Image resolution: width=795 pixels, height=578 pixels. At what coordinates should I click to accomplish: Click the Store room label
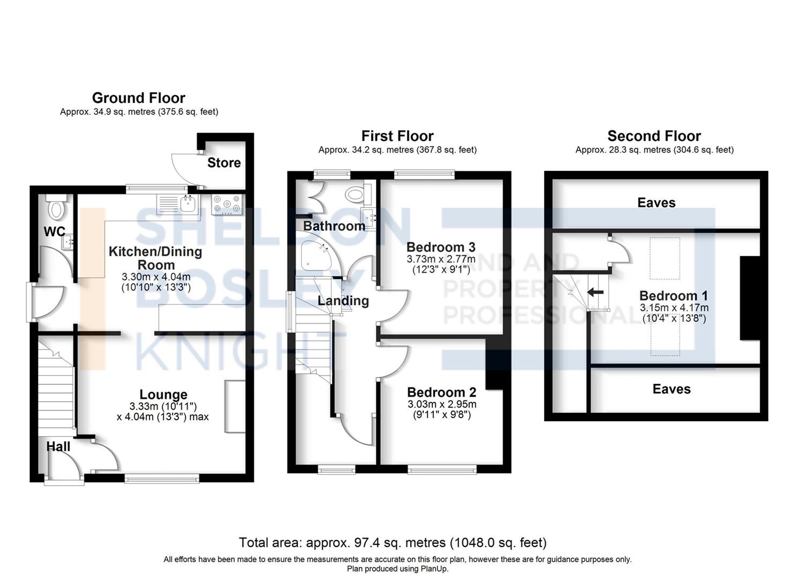[224, 163]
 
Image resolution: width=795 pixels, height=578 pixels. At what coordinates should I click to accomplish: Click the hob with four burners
[227, 204]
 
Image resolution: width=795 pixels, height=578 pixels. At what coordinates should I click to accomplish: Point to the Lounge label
[163, 394]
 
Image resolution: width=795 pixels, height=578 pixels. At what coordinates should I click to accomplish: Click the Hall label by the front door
[58, 447]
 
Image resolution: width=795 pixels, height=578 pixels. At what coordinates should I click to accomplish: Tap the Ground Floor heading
[139, 98]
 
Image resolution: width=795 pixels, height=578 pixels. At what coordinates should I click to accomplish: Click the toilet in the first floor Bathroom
[355, 195]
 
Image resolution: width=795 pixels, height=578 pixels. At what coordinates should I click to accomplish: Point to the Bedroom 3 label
[440, 247]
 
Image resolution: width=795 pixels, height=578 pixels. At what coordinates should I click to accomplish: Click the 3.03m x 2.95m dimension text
[442, 404]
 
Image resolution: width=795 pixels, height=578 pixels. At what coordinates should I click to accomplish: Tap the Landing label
[343, 301]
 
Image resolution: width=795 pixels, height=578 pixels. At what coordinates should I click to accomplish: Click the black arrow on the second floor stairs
[595, 292]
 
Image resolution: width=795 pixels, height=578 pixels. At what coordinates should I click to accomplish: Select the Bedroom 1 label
[673, 296]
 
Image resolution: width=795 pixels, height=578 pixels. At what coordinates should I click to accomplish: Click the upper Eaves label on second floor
[656, 203]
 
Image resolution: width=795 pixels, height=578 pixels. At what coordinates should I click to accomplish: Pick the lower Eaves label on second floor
[671, 389]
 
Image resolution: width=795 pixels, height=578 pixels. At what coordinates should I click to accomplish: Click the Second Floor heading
[654, 136]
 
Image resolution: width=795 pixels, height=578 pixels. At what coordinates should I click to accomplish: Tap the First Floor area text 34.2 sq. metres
[366, 150]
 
